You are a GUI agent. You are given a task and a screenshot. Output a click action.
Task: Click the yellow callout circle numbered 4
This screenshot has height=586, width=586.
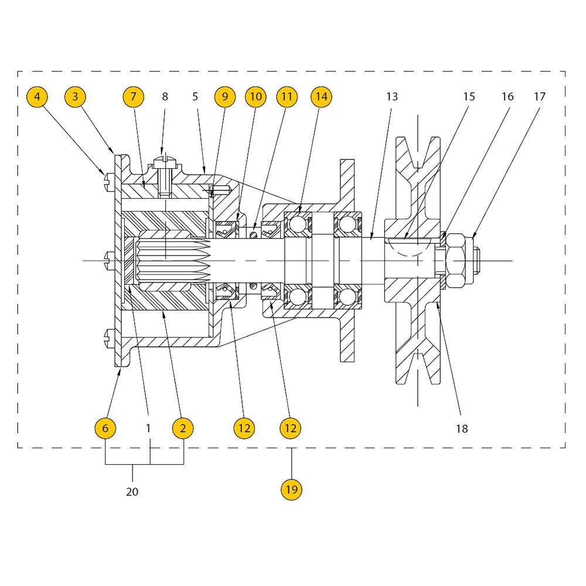pos(37,97)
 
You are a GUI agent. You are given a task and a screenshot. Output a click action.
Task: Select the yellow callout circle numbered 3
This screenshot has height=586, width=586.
pos(75,97)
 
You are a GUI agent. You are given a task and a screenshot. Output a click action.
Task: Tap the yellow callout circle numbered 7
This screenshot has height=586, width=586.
pos(134,97)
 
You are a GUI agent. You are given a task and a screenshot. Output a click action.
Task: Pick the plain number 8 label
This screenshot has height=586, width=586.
pos(165,97)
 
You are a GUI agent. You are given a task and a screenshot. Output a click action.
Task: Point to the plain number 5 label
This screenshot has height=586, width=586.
pos(195,97)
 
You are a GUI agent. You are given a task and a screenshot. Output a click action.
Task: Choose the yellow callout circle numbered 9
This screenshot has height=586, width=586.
pos(225,97)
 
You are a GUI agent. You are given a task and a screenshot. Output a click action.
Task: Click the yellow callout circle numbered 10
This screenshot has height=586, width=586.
pos(255,97)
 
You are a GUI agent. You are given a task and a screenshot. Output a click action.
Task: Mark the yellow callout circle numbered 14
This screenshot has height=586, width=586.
pos(321,97)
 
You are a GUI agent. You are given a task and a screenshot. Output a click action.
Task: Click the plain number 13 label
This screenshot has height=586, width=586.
pos(392,97)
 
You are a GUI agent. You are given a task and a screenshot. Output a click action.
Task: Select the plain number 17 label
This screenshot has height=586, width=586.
pos(540,97)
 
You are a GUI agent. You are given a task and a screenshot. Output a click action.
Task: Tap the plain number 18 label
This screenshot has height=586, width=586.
pos(462,429)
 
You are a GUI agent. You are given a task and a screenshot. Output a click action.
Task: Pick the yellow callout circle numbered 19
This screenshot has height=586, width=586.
pos(291,489)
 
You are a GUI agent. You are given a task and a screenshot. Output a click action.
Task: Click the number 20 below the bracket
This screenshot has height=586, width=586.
pos(132,492)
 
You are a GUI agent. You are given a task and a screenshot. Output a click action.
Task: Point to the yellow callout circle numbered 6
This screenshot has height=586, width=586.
pos(105,428)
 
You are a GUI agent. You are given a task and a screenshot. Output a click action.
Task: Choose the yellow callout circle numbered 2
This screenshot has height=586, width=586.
pos(183,428)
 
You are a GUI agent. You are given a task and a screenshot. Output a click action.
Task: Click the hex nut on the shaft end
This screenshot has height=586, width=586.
pos(455,261)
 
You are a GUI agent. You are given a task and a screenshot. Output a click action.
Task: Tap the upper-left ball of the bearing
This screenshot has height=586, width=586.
pos(298,224)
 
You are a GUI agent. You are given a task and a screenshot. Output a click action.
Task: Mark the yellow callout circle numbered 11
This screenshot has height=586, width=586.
pos(287,97)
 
